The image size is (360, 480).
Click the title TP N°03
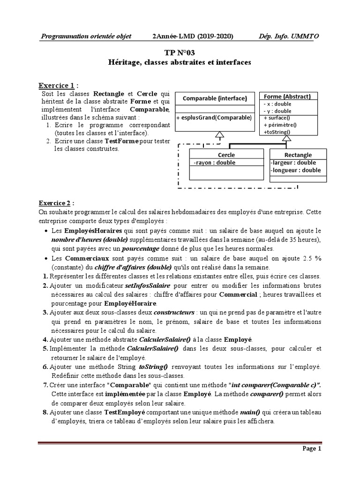tap(180, 53)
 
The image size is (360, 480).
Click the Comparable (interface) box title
tap(214, 98)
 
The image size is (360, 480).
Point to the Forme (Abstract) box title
tap(287, 97)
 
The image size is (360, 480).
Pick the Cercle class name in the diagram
tap(226, 155)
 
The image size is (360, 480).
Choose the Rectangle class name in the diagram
tap(298, 155)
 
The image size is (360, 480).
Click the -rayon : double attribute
tap(214, 163)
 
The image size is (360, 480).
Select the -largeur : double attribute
tap(293, 163)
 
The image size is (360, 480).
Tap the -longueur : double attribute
tap(296, 170)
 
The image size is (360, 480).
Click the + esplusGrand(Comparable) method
tap(214, 117)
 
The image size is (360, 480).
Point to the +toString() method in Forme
tap(277, 132)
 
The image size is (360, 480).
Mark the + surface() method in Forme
tap(277, 118)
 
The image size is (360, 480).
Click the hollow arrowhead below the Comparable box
tap(217, 135)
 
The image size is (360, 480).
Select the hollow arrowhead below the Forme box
tap(287, 138)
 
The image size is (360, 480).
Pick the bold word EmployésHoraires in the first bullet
tap(93, 231)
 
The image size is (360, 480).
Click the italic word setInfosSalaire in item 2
tap(145, 285)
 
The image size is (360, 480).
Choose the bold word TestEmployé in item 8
tap(125, 412)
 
